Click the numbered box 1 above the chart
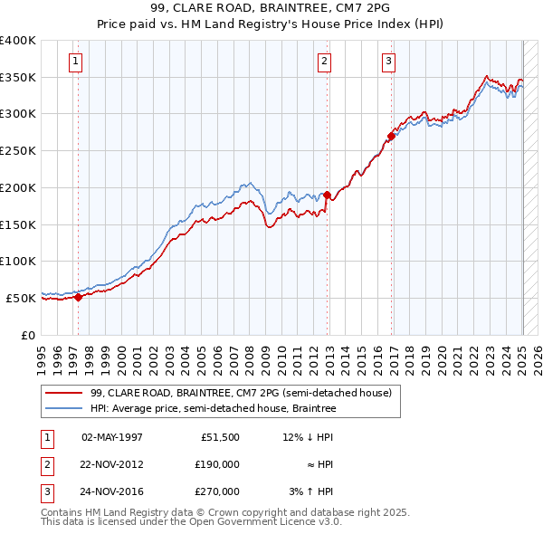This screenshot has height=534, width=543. [74, 62]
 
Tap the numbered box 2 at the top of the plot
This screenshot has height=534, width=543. [324, 62]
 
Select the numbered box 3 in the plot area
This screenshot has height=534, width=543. [388, 62]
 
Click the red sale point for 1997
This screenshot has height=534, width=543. [78, 296]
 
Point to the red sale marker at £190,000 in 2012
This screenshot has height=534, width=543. [327, 195]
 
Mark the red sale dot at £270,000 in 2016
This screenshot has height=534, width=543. [391, 137]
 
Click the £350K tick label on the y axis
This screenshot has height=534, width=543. [18, 78]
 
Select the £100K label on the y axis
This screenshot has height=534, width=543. [18, 261]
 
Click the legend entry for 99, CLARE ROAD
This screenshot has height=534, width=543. [240, 393]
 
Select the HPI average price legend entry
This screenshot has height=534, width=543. [213, 409]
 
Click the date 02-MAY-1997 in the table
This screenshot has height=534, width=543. [112, 437]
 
